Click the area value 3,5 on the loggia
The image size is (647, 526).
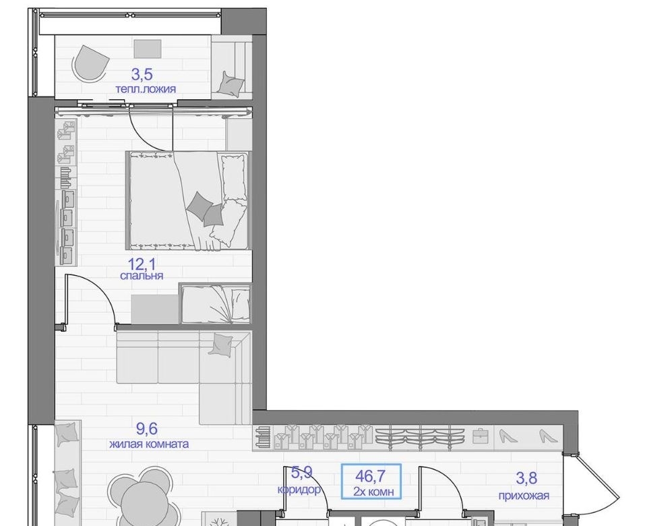coord(142,75)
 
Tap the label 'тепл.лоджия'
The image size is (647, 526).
coord(146,89)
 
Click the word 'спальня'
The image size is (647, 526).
coord(142,275)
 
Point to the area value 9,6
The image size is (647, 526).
coord(147,429)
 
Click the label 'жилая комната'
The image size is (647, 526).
coord(149,444)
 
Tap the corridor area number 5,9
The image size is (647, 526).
coord(302,472)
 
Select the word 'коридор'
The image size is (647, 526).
coord(299,490)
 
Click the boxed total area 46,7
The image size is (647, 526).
coord(370,476)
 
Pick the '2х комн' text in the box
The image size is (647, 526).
coord(373,492)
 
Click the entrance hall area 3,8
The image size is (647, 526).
coord(526,478)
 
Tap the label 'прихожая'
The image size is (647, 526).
coord(524,495)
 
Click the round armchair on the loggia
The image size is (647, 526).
coord(90,62)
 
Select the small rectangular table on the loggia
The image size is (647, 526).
coord(148,49)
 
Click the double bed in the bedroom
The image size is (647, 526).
coord(189,201)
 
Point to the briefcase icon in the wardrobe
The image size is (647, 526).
coord(481,436)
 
